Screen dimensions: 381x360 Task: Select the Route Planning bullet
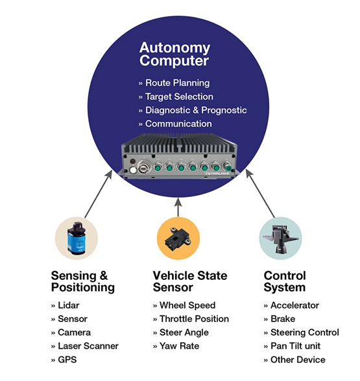[x=175, y=84]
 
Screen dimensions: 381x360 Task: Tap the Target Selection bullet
[x=176, y=97]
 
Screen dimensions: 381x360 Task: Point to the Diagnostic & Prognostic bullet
[x=193, y=110]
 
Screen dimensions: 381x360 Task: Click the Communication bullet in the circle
[x=175, y=124]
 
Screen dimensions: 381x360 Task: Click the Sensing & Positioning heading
[x=82, y=282]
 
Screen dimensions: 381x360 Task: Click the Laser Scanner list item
[x=82, y=346]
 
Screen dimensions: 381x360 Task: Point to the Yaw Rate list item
[x=178, y=346]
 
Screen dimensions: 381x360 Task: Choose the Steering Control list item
[x=301, y=332]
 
